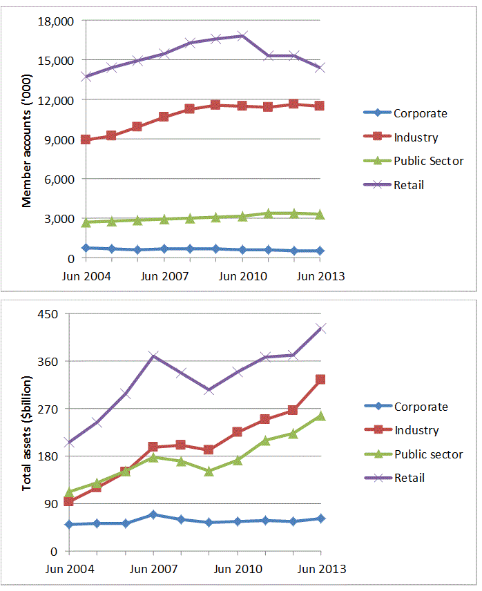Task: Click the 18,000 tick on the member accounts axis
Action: click(x=58, y=21)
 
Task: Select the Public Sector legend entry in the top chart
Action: click(x=428, y=161)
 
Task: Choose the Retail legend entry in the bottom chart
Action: click(x=409, y=478)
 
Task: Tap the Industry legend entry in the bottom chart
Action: click(x=416, y=430)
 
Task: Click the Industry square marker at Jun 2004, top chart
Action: click(x=86, y=139)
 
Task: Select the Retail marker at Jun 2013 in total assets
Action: click(x=320, y=329)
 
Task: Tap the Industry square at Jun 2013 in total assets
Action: click(x=320, y=380)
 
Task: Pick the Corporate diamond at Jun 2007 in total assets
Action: click(x=153, y=514)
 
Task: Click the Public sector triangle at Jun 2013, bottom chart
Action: click(x=320, y=416)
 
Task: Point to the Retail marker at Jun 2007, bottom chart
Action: click(x=153, y=356)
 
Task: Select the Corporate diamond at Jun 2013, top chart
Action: click(x=320, y=251)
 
